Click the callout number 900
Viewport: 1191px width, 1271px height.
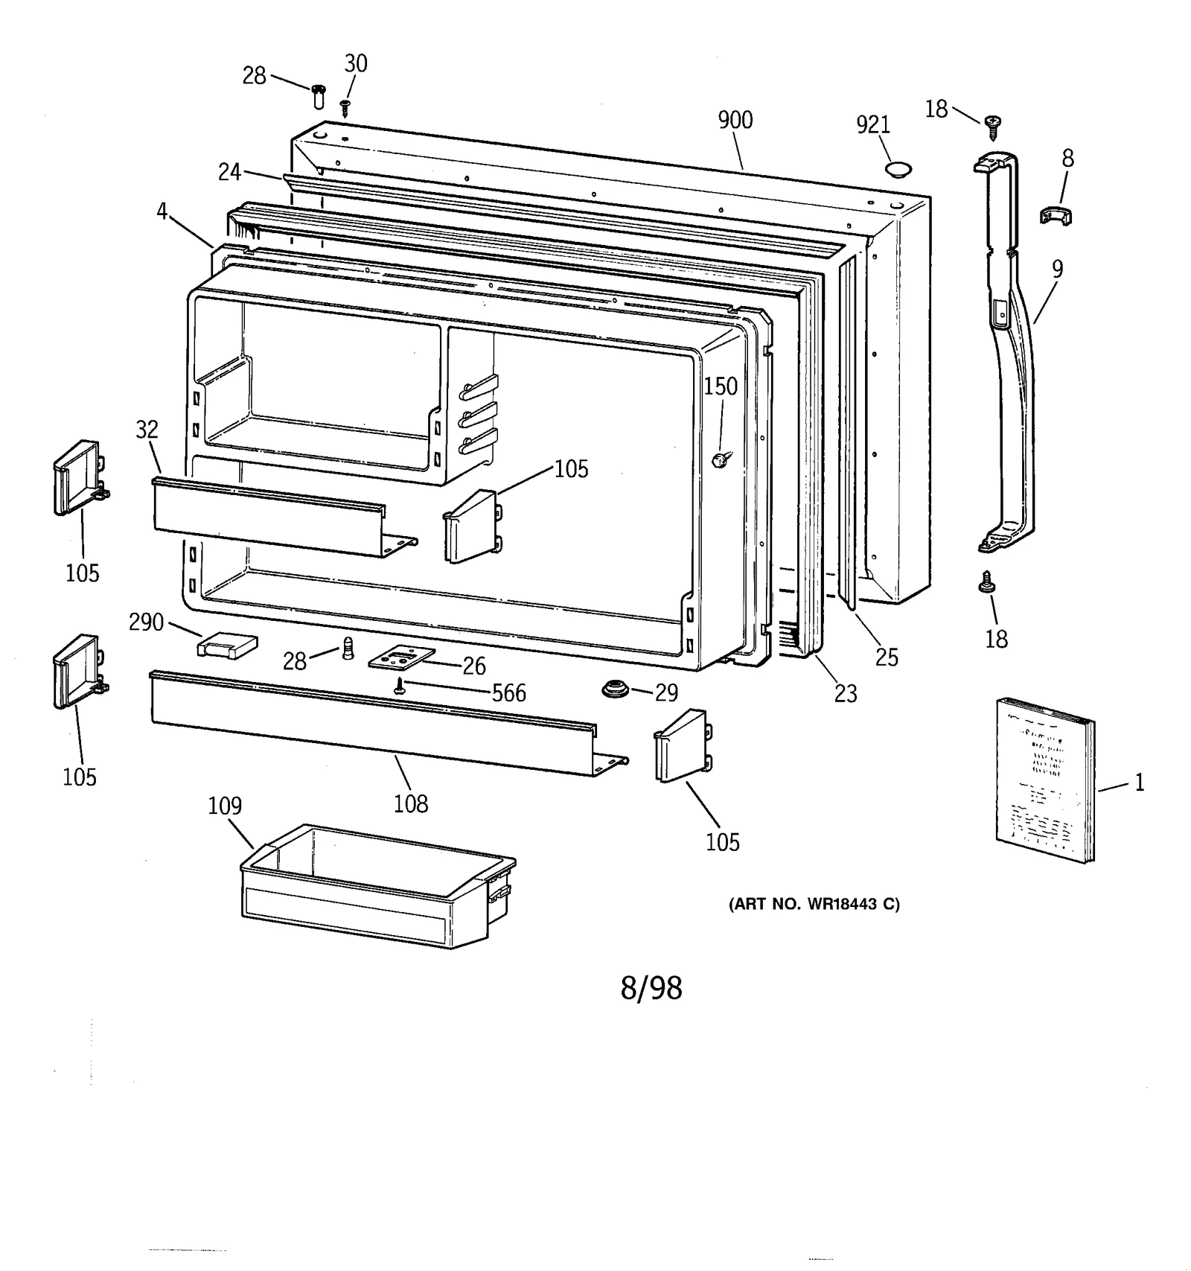(x=735, y=121)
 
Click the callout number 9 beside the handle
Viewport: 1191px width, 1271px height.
(x=1057, y=270)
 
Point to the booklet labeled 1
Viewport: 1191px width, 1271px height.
(x=1044, y=780)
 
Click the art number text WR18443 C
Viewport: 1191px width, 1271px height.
(x=814, y=905)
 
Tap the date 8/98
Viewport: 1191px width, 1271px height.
(x=651, y=989)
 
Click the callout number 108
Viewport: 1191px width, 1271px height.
(x=411, y=804)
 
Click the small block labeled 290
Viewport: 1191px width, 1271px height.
(x=227, y=645)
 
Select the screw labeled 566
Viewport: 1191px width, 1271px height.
(x=400, y=687)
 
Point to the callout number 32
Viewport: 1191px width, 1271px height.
(x=147, y=430)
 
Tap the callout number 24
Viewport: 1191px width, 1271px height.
(x=229, y=173)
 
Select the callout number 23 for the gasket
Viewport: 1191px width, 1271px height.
(x=846, y=694)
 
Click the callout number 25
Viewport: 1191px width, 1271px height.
(x=887, y=657)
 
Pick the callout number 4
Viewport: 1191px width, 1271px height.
(x=162, y=211)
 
